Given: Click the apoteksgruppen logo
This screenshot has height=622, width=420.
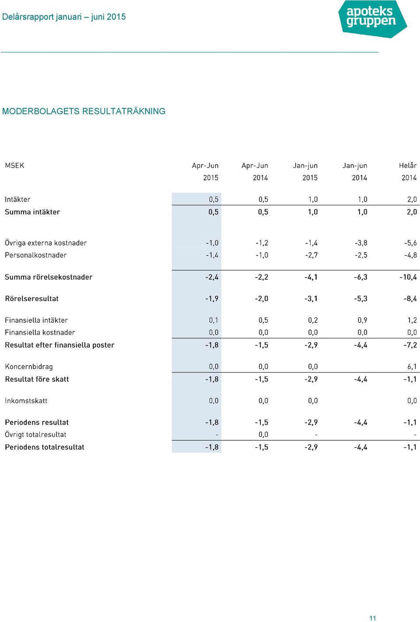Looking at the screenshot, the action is point(372,19).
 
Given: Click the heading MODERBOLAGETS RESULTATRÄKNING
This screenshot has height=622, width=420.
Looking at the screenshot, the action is point(84,111).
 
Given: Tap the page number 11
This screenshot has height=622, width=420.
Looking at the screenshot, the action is point(373,618).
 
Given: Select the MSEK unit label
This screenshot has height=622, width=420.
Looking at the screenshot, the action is point(14,165).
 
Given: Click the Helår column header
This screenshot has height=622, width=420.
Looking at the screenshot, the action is point(408,165).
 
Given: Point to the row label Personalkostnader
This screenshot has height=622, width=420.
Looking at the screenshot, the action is point(35,255).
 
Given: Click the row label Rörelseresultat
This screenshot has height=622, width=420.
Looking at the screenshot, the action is point(31,299).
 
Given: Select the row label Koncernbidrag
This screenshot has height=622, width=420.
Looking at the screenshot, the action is point(29,366).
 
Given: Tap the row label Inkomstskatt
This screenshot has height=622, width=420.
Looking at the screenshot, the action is point(26,401).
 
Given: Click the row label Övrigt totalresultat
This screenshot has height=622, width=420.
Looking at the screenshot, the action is point(35,435).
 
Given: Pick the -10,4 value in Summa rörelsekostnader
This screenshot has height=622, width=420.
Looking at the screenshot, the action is point(408,277).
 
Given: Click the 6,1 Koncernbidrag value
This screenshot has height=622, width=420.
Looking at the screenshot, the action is point(412,366).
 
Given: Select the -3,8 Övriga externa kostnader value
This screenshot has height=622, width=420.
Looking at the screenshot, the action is point(361,243).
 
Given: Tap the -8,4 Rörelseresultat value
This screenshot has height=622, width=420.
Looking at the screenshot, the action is point(410,299).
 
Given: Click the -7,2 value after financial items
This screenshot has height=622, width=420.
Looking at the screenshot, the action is point(410,345).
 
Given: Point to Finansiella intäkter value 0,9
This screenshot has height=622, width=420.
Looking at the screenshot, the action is point(362,320).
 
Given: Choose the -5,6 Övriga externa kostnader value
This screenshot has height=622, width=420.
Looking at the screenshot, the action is point(410,243).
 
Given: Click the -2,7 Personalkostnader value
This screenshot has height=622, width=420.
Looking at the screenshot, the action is point(311,255).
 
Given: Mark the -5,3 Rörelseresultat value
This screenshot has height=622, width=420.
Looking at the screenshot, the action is point(360,299).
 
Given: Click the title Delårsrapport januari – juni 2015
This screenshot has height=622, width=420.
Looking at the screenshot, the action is point(64,17).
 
